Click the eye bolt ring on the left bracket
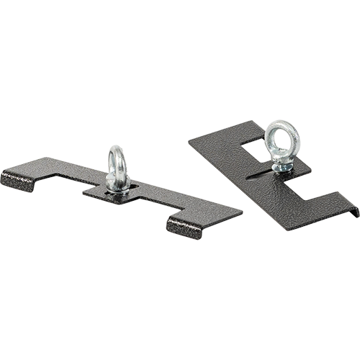coord(117,160)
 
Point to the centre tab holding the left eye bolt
coord(119,193)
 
